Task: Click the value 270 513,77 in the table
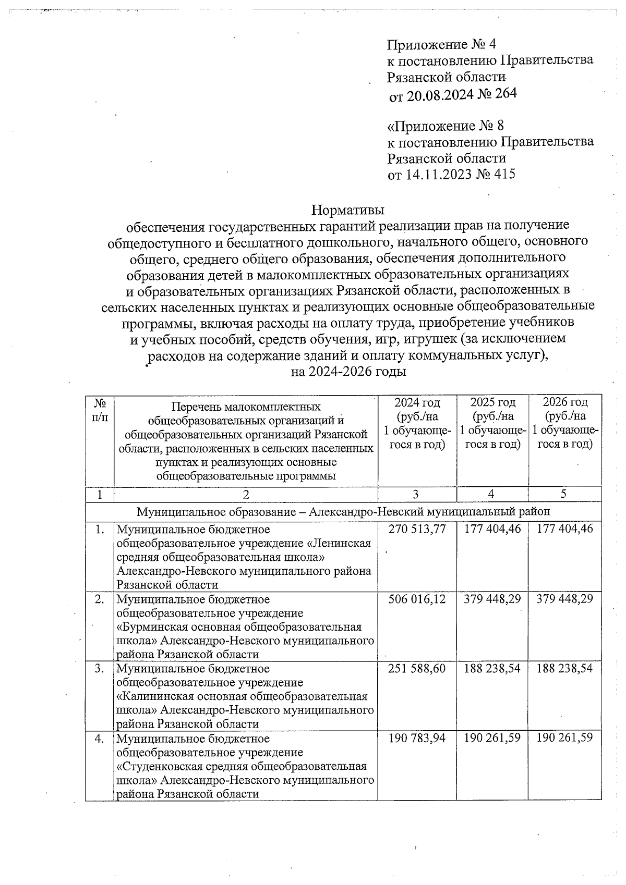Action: (x=417, y=529)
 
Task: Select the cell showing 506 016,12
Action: (x=417, y=599)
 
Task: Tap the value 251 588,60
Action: (x=417, y=668)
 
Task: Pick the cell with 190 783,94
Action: (x=417, y=738)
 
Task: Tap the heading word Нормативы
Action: (x=347, y=210)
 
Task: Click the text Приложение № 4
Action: (x=445, y=43)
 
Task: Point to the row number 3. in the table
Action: (x=100, y=668)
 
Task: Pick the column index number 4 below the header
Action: (x=492, y=495)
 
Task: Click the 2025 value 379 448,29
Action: (x=492, y=599)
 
